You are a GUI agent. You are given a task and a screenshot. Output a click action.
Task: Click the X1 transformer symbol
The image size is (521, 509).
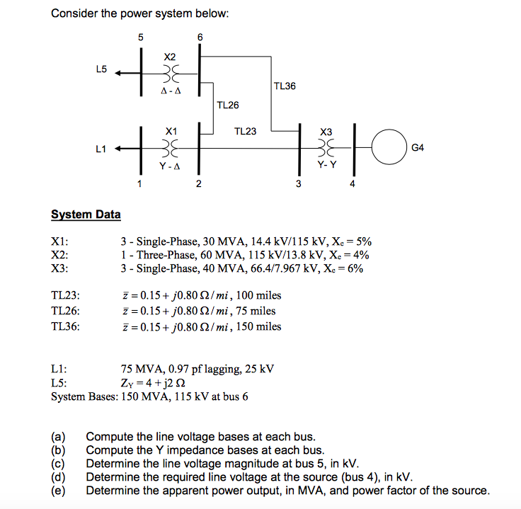click(x=170, y=148)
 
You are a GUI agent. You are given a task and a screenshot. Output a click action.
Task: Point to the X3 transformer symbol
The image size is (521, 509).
click(x=326, y=148)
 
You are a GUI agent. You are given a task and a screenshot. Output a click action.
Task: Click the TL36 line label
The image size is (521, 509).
click(x=284, y=86)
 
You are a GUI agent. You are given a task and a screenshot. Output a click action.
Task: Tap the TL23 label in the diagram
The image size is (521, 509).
click(x=245, y=131)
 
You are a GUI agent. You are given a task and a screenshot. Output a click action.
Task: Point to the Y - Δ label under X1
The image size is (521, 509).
click(x=170, y=167)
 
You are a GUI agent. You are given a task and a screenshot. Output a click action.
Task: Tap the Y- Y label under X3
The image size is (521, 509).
click(x=326, y=164)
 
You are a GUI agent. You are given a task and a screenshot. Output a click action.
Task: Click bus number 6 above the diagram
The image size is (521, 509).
click(x=200, y=36)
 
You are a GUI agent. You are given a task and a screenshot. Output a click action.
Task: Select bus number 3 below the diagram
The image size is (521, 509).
click(x=298, y=185)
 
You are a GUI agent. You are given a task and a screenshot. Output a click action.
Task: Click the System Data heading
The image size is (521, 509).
click(x=86, y=215)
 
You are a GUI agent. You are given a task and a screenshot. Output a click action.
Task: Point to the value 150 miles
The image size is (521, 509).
click(x=258, y=326)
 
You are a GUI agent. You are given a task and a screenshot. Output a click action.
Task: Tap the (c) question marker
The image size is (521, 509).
click(x=57, y=464)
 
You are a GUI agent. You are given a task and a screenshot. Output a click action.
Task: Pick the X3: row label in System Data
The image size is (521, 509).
click(x=59, y=269)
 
